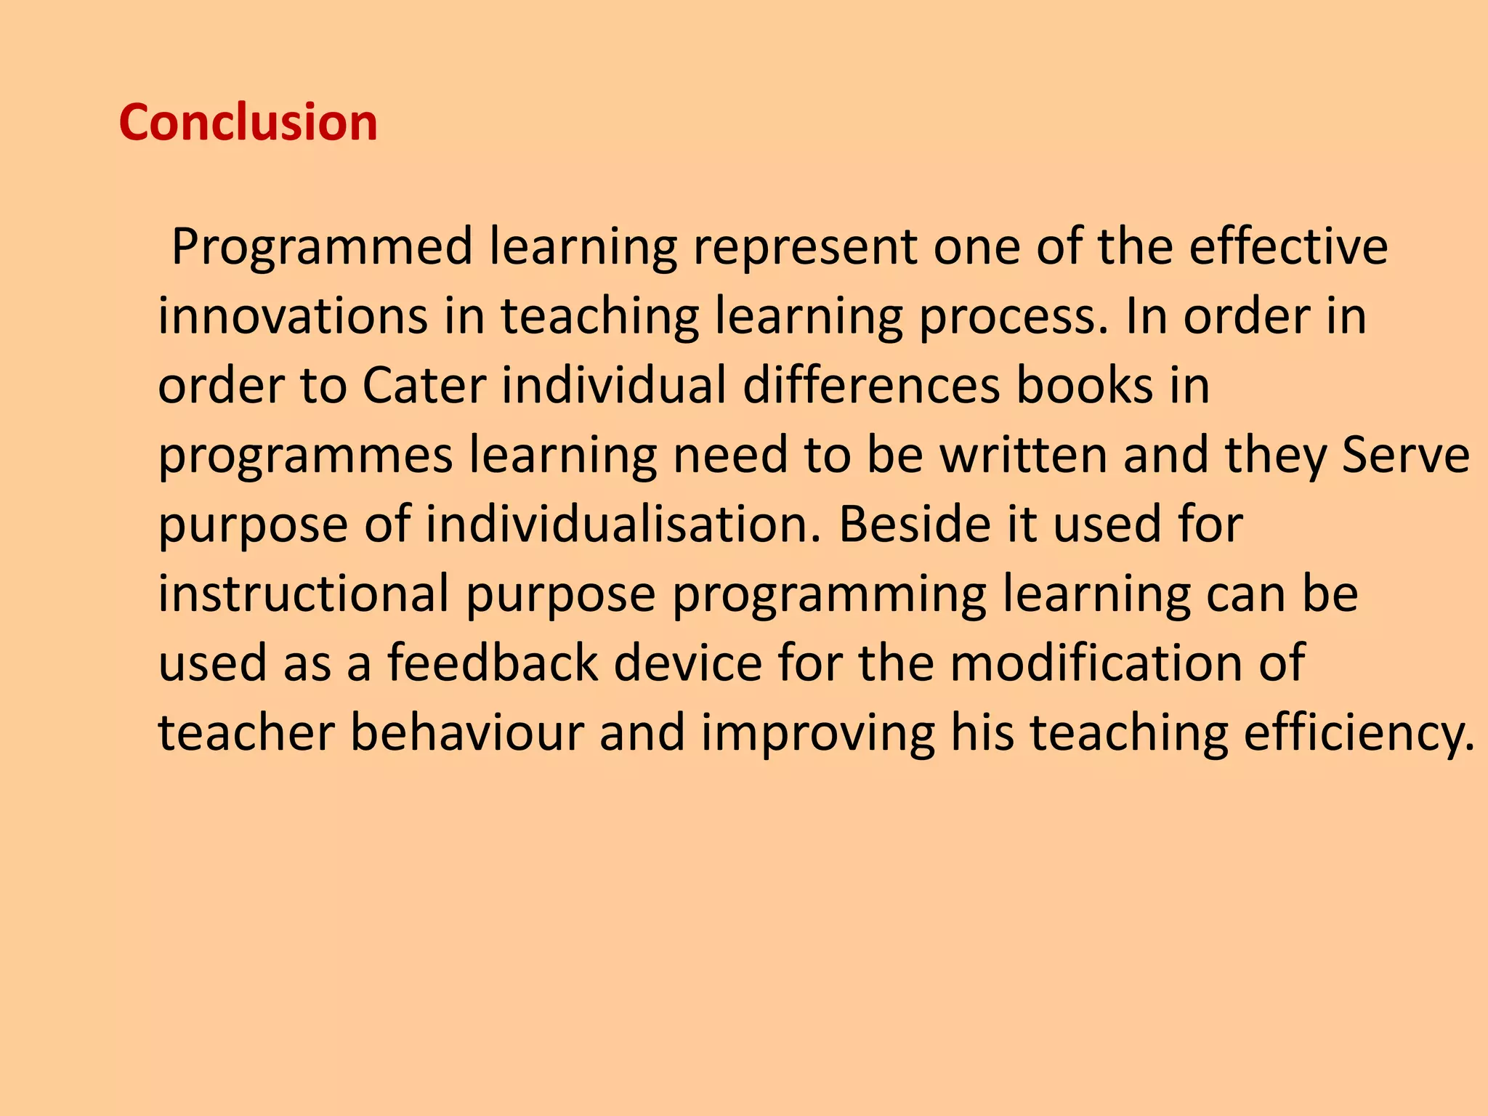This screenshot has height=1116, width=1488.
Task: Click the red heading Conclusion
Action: (248, 122)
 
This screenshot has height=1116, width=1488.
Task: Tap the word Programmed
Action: (322, 248)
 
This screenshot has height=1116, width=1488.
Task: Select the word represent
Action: (805, 248)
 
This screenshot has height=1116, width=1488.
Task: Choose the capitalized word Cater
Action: (424, 385)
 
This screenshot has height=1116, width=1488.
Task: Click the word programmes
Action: (306, 456)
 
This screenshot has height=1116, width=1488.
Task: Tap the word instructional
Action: (304, 594)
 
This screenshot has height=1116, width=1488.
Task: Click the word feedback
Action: (493, 663)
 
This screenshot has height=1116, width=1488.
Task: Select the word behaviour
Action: (466, 732)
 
